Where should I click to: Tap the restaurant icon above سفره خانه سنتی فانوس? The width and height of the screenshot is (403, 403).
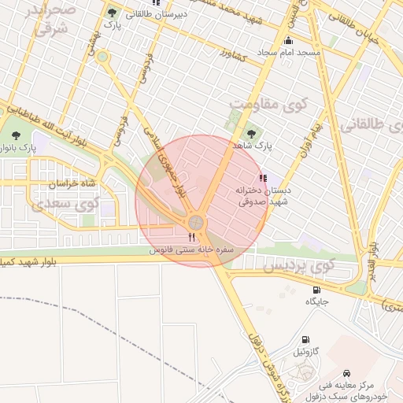tap(191, 237)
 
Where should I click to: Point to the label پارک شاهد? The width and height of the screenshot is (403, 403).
tap(252, 146)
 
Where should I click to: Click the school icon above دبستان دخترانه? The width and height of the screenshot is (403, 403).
tap(262, 178)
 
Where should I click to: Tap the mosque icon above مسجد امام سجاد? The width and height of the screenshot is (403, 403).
tap(289, 41)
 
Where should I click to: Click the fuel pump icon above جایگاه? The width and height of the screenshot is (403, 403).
tap(316, 290)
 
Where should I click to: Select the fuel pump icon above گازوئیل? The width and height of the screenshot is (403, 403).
tap(305, 339)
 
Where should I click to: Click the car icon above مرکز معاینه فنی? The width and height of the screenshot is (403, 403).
tap(346, 372)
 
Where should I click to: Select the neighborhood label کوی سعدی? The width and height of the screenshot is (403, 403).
tap(67, 204)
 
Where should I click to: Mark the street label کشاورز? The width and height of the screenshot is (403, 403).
tap(234, 57)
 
